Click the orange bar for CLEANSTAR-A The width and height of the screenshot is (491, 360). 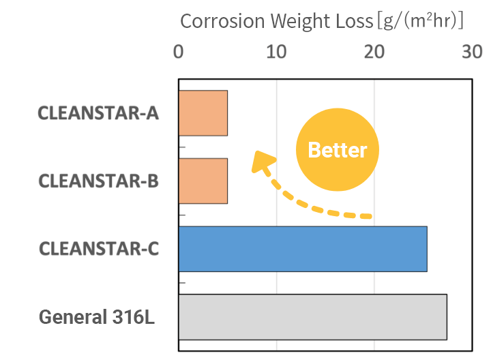pyautogui.click(x=203, y=113)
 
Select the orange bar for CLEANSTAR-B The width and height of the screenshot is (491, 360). pyautogui.click(x=203, y=181)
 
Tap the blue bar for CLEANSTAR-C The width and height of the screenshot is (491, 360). pyautogui.click(x=302, y=249)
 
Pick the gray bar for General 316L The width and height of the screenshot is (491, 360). pyautogui.click(x=312, y=317)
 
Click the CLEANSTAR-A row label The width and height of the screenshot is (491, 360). pyautogui.click(x=98, y=113)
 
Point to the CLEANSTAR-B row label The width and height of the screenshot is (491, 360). pyautogui.click(x=98, y=181)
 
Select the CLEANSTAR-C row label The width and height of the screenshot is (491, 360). pyautogui.click(x=98, y=249)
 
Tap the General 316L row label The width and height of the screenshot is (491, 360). pyautogui.click(x=97, y=317)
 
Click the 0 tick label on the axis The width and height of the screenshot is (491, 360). pyautogui.click(x=179, y=52)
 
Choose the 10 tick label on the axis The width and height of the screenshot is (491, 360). pyautogui.click(x=276, y=52)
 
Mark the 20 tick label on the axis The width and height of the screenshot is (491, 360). pyautogui.click(x=374, y=52)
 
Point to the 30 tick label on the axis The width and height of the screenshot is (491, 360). pyautogui.click(x=471, y=52)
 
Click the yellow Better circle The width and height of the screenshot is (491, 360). pyautogui.click(x=337, y=150)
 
